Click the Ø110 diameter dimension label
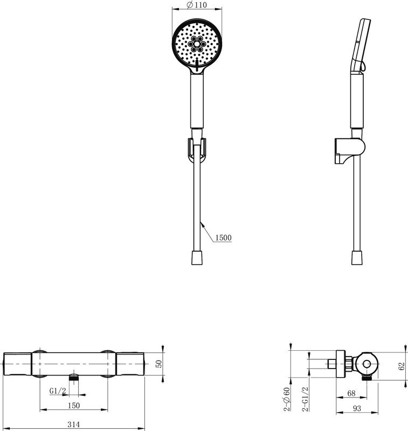pos(197,5)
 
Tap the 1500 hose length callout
pos(223,238)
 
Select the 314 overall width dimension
pos(74,424)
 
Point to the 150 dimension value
pos(74,406)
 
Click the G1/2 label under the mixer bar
pos(58,391)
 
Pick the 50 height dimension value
pos(159,364)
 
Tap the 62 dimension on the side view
pos(402,366)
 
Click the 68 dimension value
pos(351,393)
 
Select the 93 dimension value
pos(357,408)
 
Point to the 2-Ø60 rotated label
pos(287,399)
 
